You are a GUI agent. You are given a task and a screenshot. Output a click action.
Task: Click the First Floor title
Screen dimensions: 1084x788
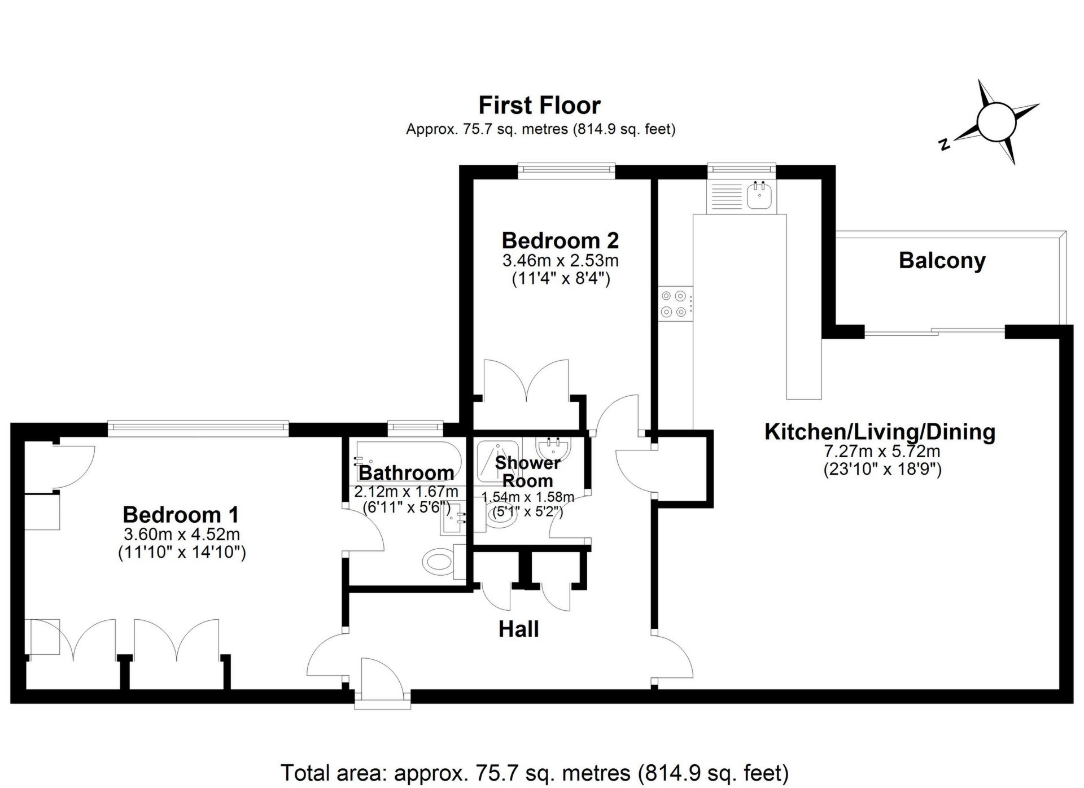coord(540,106)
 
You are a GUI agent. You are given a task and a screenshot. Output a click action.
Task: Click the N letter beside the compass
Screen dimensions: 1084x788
coord(944,145)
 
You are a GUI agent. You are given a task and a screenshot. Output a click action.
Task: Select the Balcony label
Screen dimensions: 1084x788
coord(942,260)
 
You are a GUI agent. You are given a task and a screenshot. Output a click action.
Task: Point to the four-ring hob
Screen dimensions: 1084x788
coord(675,303)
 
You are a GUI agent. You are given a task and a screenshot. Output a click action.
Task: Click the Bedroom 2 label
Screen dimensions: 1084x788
coord(560,240)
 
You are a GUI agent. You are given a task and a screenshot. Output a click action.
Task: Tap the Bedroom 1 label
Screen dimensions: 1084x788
coord(181,514)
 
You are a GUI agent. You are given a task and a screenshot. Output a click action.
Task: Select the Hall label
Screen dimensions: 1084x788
coord(519,629)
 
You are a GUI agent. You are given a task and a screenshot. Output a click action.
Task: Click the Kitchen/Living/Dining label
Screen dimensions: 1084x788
coord(880,432)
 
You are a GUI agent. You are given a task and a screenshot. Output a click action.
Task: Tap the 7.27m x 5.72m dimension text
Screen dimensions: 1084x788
coord(882,452)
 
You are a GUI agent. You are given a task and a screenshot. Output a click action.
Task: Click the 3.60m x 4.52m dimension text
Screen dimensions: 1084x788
coord(182,534)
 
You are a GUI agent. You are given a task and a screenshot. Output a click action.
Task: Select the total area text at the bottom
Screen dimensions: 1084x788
coord(535,772)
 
